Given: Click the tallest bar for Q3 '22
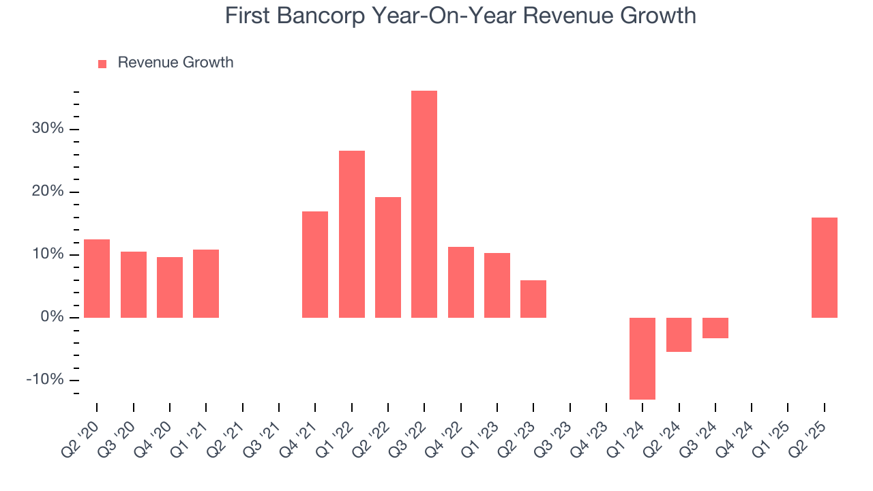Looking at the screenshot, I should [x=424, y=204].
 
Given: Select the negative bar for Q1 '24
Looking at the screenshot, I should [x=642, y=358].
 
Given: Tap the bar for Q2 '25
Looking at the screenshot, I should [x=824, y=267].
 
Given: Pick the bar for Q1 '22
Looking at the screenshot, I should [x=352, y=234].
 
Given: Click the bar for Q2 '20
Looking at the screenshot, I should [x=97, y=278].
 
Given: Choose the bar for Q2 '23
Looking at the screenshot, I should [x=533, y=299].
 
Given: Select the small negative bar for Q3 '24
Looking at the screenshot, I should [x=715, y=328].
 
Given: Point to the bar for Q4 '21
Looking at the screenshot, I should [x=315, y=265].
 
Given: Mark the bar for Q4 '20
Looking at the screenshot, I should [x=170, y=287].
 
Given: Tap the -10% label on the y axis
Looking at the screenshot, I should [x=45, y=380].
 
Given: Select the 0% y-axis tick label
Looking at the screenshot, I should [x=52, y=317].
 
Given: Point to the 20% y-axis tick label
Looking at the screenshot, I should [x=48, y=192].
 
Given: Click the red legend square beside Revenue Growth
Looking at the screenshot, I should [x=102, y=63].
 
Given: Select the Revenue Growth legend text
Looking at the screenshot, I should [x=175, y=63].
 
